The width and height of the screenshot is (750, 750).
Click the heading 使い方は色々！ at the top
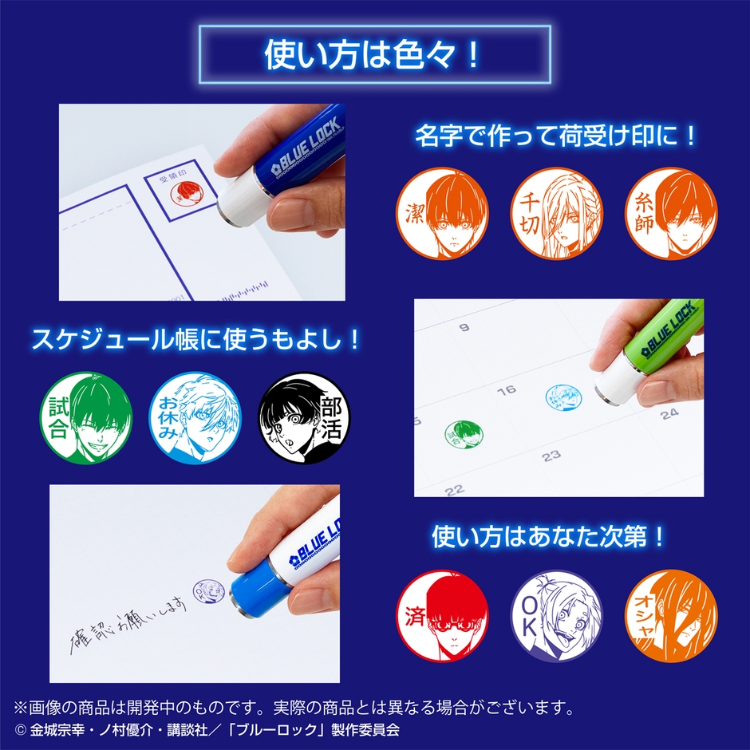pos(374,55)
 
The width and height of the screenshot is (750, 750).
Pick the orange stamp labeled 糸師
pos(668,213)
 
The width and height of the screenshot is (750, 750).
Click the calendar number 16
pos(505,392)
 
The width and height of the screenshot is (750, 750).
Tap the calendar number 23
pos(551,456)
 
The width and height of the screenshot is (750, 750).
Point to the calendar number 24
pos(669,412)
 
